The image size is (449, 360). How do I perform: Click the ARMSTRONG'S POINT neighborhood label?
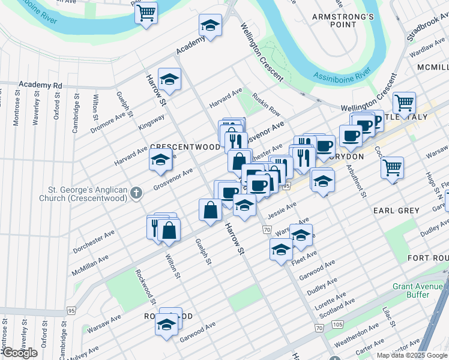[x=343, y=20]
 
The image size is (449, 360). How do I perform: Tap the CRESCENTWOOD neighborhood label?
[x=184, y=146]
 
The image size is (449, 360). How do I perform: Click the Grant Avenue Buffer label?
[x=420, y=290]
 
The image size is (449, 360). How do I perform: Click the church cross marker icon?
[x=136, y=193]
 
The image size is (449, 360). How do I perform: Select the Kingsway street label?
[x=151, y=121]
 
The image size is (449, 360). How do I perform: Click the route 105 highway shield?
[x=337, y=325]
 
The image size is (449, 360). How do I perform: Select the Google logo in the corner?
[x=19, y=353]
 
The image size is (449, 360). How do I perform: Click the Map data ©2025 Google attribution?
[x=411, y=355]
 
